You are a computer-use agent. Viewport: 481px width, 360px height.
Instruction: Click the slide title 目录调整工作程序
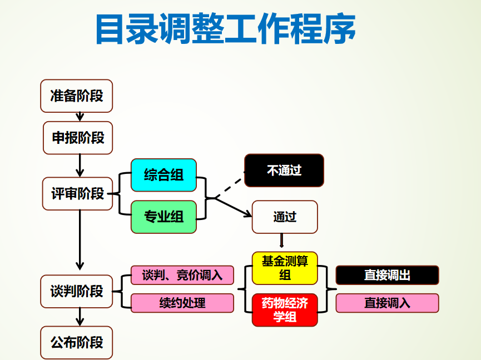tap(225, 29)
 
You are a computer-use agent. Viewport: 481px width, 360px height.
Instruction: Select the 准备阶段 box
tap(77, 96)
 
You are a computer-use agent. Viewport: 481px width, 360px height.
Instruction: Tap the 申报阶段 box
tap(78, 137)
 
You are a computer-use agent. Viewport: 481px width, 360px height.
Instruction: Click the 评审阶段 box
tap(78, 193)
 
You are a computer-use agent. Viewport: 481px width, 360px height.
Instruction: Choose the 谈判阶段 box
tap(77, 291)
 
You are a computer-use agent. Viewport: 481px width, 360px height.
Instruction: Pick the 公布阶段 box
tap(77, 342)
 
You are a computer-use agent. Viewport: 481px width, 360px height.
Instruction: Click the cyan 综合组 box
tap(163, 175)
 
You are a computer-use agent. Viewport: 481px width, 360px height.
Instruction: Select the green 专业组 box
tap(163, 217)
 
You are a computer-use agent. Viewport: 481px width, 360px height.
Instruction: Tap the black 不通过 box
tap(284, 170)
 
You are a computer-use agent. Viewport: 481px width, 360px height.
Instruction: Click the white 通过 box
tap(285, 217)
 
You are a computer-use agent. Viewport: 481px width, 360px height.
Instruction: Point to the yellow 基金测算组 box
tap(285, 268)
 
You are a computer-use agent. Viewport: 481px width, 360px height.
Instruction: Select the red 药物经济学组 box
tap(285, 310)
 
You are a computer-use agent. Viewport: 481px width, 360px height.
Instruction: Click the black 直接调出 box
tap(387, 275)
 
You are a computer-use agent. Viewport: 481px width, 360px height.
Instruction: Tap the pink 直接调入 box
tap(387, 303)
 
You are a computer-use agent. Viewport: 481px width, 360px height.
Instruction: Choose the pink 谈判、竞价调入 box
tap(182, 275)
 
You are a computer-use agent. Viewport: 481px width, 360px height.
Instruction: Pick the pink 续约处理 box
tap(182, 303)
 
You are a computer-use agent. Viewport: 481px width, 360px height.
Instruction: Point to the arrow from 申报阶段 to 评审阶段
tap(80, 165)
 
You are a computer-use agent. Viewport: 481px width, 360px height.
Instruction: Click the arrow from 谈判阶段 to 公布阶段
tap(80, 317)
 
